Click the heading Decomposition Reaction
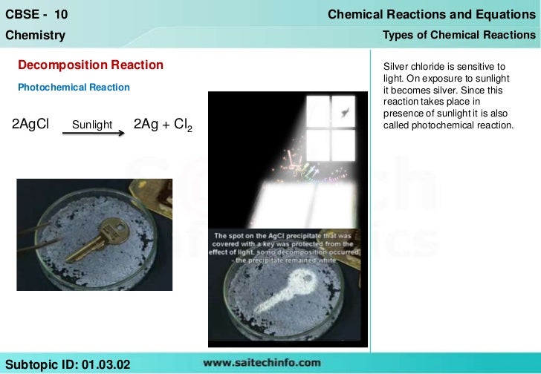coord(90,65)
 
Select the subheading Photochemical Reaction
coord(74,88)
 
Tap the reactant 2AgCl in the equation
coord(30,124)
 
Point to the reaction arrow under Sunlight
coord(92,134)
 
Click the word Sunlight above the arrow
coord(92,125)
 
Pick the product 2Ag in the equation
coord(146,124)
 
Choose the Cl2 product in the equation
coord(183,125)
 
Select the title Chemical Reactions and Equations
coord(431,15)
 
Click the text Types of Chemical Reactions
coord(459,35)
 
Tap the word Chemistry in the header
coord(35,35)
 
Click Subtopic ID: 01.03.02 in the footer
coord(68,363)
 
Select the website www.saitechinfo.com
coord(262,363)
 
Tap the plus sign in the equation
coord(165,125)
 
